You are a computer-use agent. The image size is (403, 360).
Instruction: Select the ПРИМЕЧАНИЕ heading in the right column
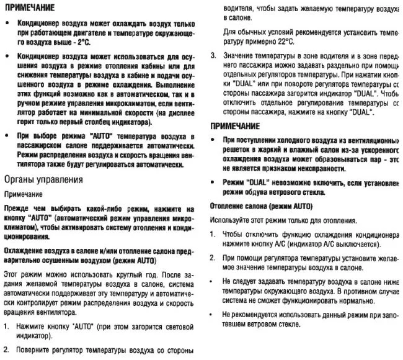tap(239, 126)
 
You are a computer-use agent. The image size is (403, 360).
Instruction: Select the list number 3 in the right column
tap(213, 56)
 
